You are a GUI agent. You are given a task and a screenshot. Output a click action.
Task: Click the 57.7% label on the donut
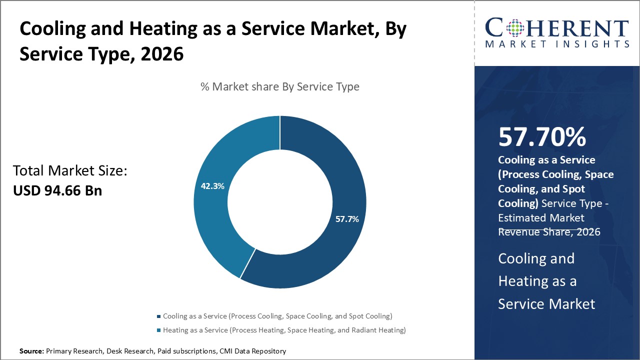tap(347, 219)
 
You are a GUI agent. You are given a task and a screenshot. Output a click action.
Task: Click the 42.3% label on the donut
tap(212, 186)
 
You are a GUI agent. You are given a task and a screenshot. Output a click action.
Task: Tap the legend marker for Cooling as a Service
tap(159, 316)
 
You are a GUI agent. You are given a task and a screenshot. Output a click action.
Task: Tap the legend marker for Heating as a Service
tap(159, 330)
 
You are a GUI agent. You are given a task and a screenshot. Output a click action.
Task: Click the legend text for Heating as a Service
tap(284, 330)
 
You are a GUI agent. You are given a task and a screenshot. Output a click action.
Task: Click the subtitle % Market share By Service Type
tap(279, 86)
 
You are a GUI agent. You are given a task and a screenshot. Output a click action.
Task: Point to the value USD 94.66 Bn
tap(57, 190)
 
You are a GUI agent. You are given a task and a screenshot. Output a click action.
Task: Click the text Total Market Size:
tap(70, 171)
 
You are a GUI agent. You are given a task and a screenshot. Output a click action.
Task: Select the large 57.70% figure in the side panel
tap(542, 137)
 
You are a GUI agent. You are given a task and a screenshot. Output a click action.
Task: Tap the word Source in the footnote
tap(31, 351)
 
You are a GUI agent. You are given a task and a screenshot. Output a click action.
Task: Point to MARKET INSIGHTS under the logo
tap(557, 44)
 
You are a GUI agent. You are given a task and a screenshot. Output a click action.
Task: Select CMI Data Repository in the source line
tap(252, 351)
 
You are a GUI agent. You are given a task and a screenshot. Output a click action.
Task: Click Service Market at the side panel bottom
tap(546, 303)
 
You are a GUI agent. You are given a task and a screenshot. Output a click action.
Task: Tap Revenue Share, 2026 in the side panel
tap(549, 232)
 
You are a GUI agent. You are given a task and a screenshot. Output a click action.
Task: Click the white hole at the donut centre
tap(279, 202)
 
